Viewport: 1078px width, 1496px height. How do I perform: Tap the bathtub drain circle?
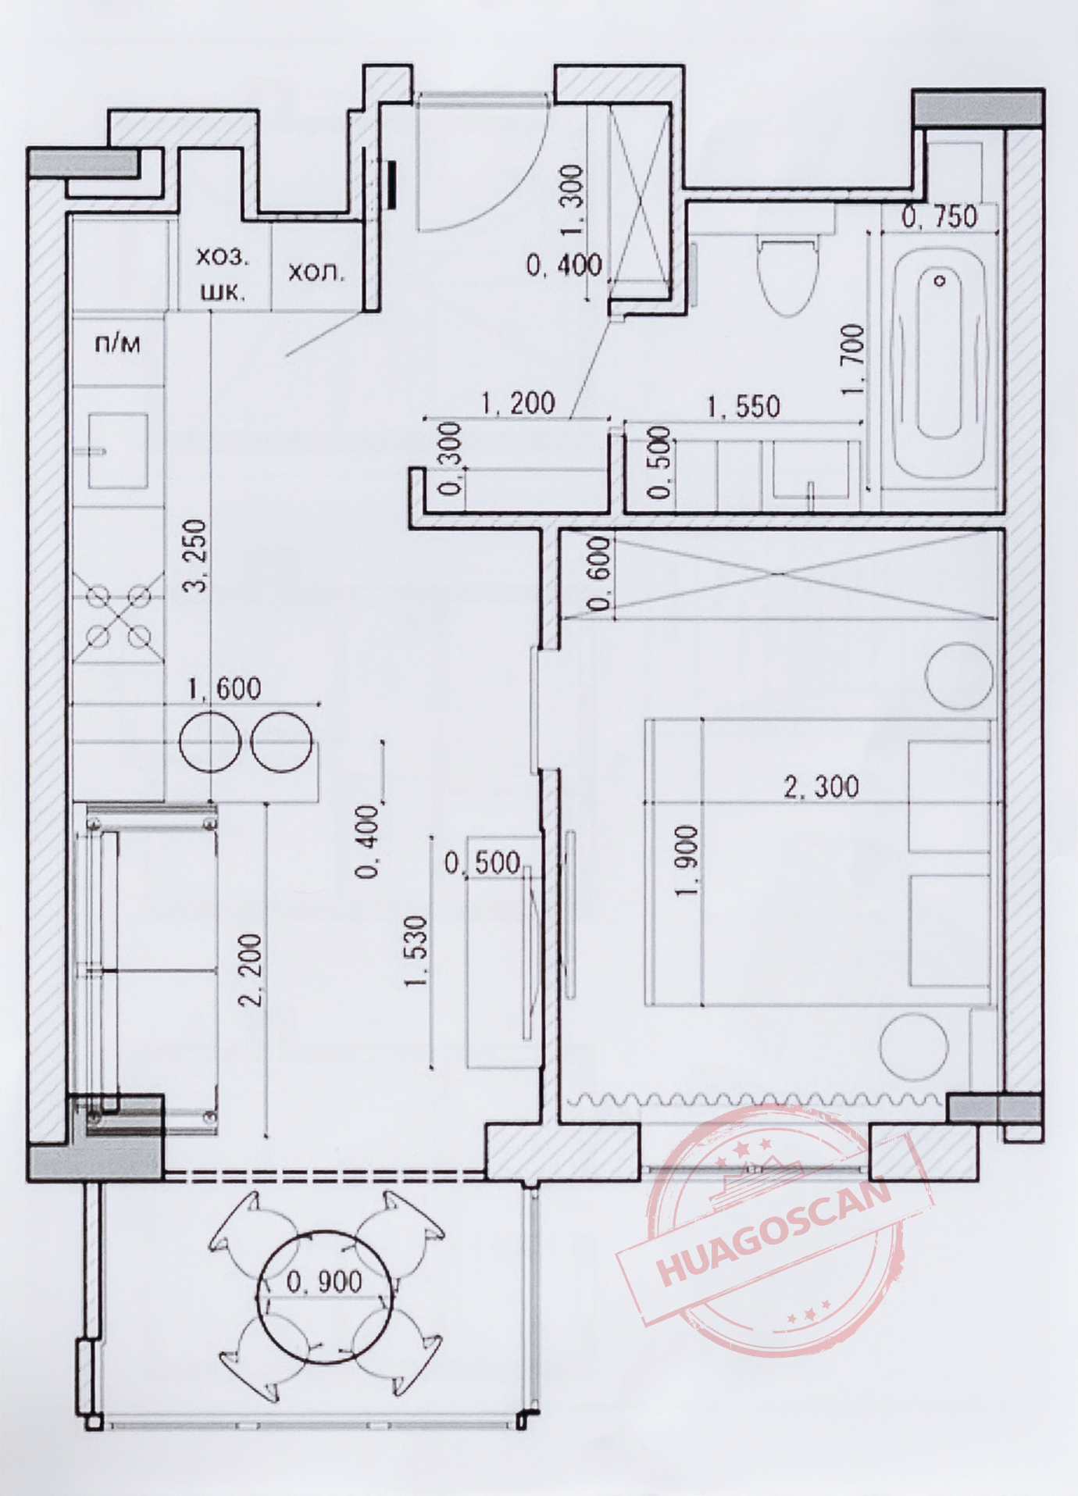pos(941,280)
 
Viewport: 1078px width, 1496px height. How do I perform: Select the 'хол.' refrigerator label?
pos(316,273)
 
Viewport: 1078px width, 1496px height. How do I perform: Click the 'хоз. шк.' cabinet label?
pos(222,273)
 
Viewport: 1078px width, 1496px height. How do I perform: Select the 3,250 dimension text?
pos(198,555)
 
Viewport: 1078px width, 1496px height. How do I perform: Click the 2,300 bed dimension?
pos(821,786)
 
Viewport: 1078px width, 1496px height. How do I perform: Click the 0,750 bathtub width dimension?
pos(939,216)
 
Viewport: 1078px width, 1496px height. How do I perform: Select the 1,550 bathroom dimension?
pos(743,406)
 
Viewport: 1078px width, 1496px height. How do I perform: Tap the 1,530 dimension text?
pos(417,952)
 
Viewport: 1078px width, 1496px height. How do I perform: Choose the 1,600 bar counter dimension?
pos(224,688)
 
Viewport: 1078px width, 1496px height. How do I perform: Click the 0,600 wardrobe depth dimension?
pos(601,573)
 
